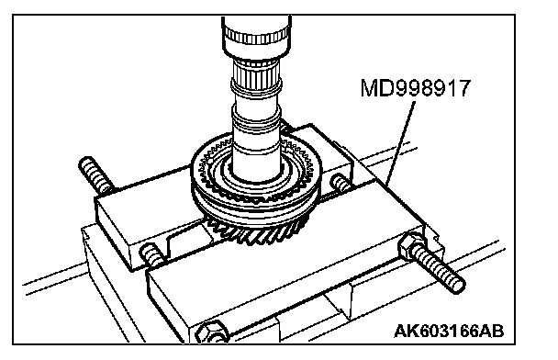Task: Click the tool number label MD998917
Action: point(416,88)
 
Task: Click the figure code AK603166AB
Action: point(449,332)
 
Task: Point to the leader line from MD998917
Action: point(401,142)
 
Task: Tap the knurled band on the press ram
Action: point(256,36)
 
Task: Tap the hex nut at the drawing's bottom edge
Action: point(211,332)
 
